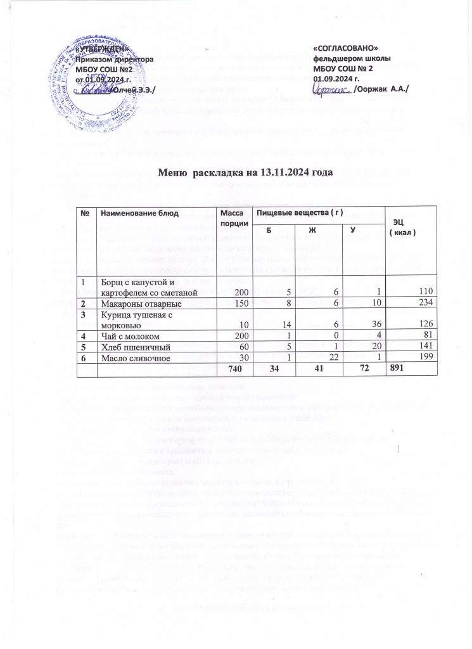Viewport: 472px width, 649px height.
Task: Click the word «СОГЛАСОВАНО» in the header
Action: tap(347, 48)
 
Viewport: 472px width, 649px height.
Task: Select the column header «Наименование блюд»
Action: tap(136, 217)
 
